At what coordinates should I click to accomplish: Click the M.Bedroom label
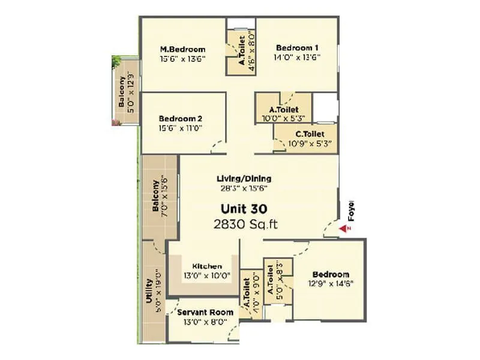pyautogui.click(x=182, y=49)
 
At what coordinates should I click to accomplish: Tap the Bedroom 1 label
pyautogui.click(x=297, y=47)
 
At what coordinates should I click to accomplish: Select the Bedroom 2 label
pyautogui.click(x=181, y=118)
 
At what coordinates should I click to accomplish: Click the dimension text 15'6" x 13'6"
pyautogui.click(x=182, y=59)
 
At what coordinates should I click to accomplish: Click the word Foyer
pyautogui.click(x=352, y=211)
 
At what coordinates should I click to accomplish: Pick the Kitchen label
pyautogui.click(x=207, y=266)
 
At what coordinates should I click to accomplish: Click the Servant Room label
pyautogui.click(x=205, y=312)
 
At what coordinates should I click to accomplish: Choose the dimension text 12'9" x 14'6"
pyautogui.click(x=331, y=283)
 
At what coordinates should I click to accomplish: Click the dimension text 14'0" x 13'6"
pyautogui.click(x=297, y=58)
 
